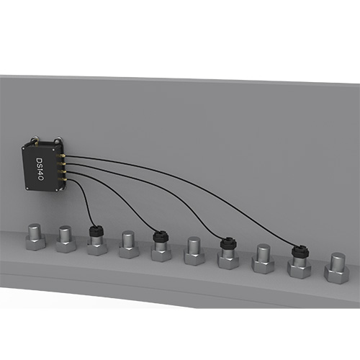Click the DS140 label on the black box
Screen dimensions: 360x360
(40, 169)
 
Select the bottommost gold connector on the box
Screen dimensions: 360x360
(61, 179)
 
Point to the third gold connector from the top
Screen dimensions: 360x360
(61, 171)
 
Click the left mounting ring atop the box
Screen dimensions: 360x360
(34, 139)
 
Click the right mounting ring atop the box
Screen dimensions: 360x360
(58, 139)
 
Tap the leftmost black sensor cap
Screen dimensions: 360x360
(96, 231)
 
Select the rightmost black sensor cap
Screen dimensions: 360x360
(300, 251)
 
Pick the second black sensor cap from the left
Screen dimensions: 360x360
(161, 236)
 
